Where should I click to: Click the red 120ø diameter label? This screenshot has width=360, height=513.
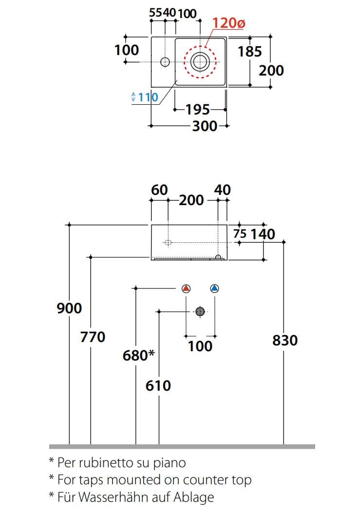pos(228,23)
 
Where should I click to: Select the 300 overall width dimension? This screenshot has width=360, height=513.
pos(204,126)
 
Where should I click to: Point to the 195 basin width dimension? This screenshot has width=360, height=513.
pos(198,109)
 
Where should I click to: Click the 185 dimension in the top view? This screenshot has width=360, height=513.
pos(250,51)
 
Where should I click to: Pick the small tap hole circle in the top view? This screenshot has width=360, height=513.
pos(165,61)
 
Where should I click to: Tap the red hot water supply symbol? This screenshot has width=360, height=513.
pos(186,288)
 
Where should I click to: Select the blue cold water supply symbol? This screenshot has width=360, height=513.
pos(214,288)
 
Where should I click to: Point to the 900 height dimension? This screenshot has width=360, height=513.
pos(69,308)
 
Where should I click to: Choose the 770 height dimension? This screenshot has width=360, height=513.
pos(93,337)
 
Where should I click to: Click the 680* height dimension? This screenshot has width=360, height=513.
pos(138,356)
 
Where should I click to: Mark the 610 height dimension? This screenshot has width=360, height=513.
pos(158,386)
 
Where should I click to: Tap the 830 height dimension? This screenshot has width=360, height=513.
pos(284,340)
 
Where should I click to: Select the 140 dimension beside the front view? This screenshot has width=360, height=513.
pos(263,234)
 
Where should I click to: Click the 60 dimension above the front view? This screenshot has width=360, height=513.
pos(159,190)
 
